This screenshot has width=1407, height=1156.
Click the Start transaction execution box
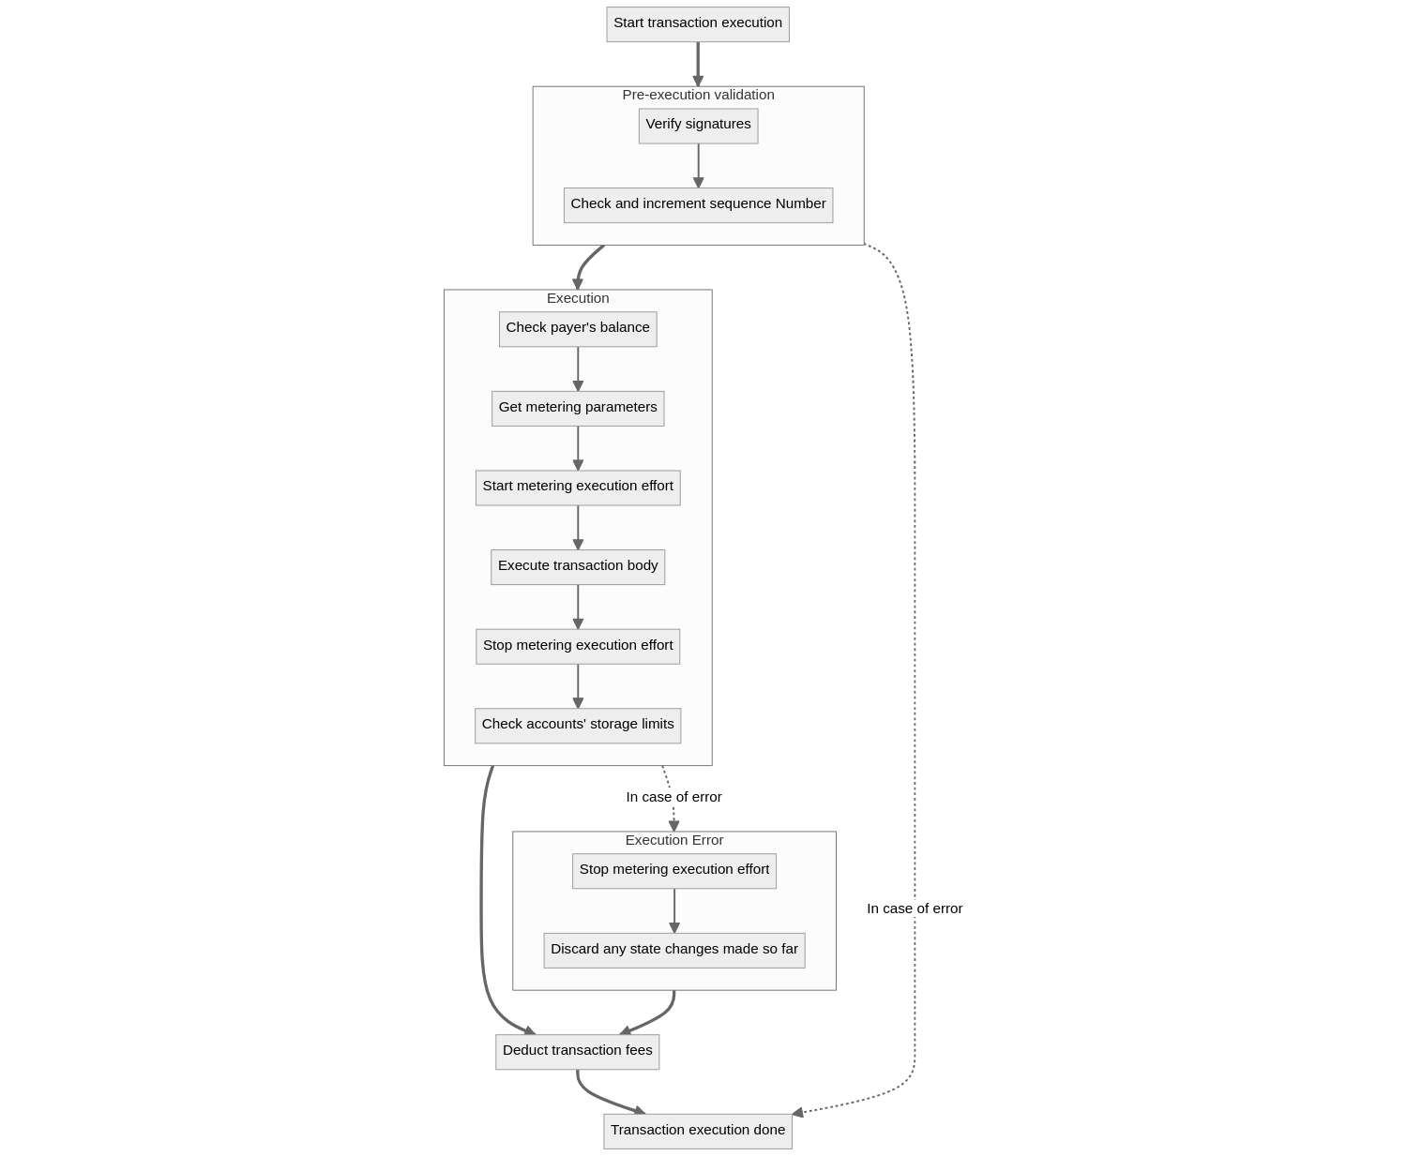[697, 23]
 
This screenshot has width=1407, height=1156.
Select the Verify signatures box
[698, 125]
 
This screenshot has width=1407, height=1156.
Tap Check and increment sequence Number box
[698, 204]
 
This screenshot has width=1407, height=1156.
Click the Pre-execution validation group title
[698, 95]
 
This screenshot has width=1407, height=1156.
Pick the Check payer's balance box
[578, 328]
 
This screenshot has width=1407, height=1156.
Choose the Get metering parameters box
[578, 408]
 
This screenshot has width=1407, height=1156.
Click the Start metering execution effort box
[578, 487]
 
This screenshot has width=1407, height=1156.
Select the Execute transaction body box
[578, 566]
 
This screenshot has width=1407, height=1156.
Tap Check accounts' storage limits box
[578, 725]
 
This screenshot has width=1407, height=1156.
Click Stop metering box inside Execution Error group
[673, 870]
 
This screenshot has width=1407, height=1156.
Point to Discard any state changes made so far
[673, 950]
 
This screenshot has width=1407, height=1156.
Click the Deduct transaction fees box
[577, 1051]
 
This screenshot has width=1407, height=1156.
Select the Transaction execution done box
[698, 1131]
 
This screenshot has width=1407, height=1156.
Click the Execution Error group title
[673, 840]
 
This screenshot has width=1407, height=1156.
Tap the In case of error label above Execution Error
[673, 797]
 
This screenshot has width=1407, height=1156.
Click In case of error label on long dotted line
[915, 908]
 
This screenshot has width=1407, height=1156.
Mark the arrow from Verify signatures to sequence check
[698, 165]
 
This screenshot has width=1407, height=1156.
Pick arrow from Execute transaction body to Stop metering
[578, 606]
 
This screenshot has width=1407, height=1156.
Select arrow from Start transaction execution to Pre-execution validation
[698, 64]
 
